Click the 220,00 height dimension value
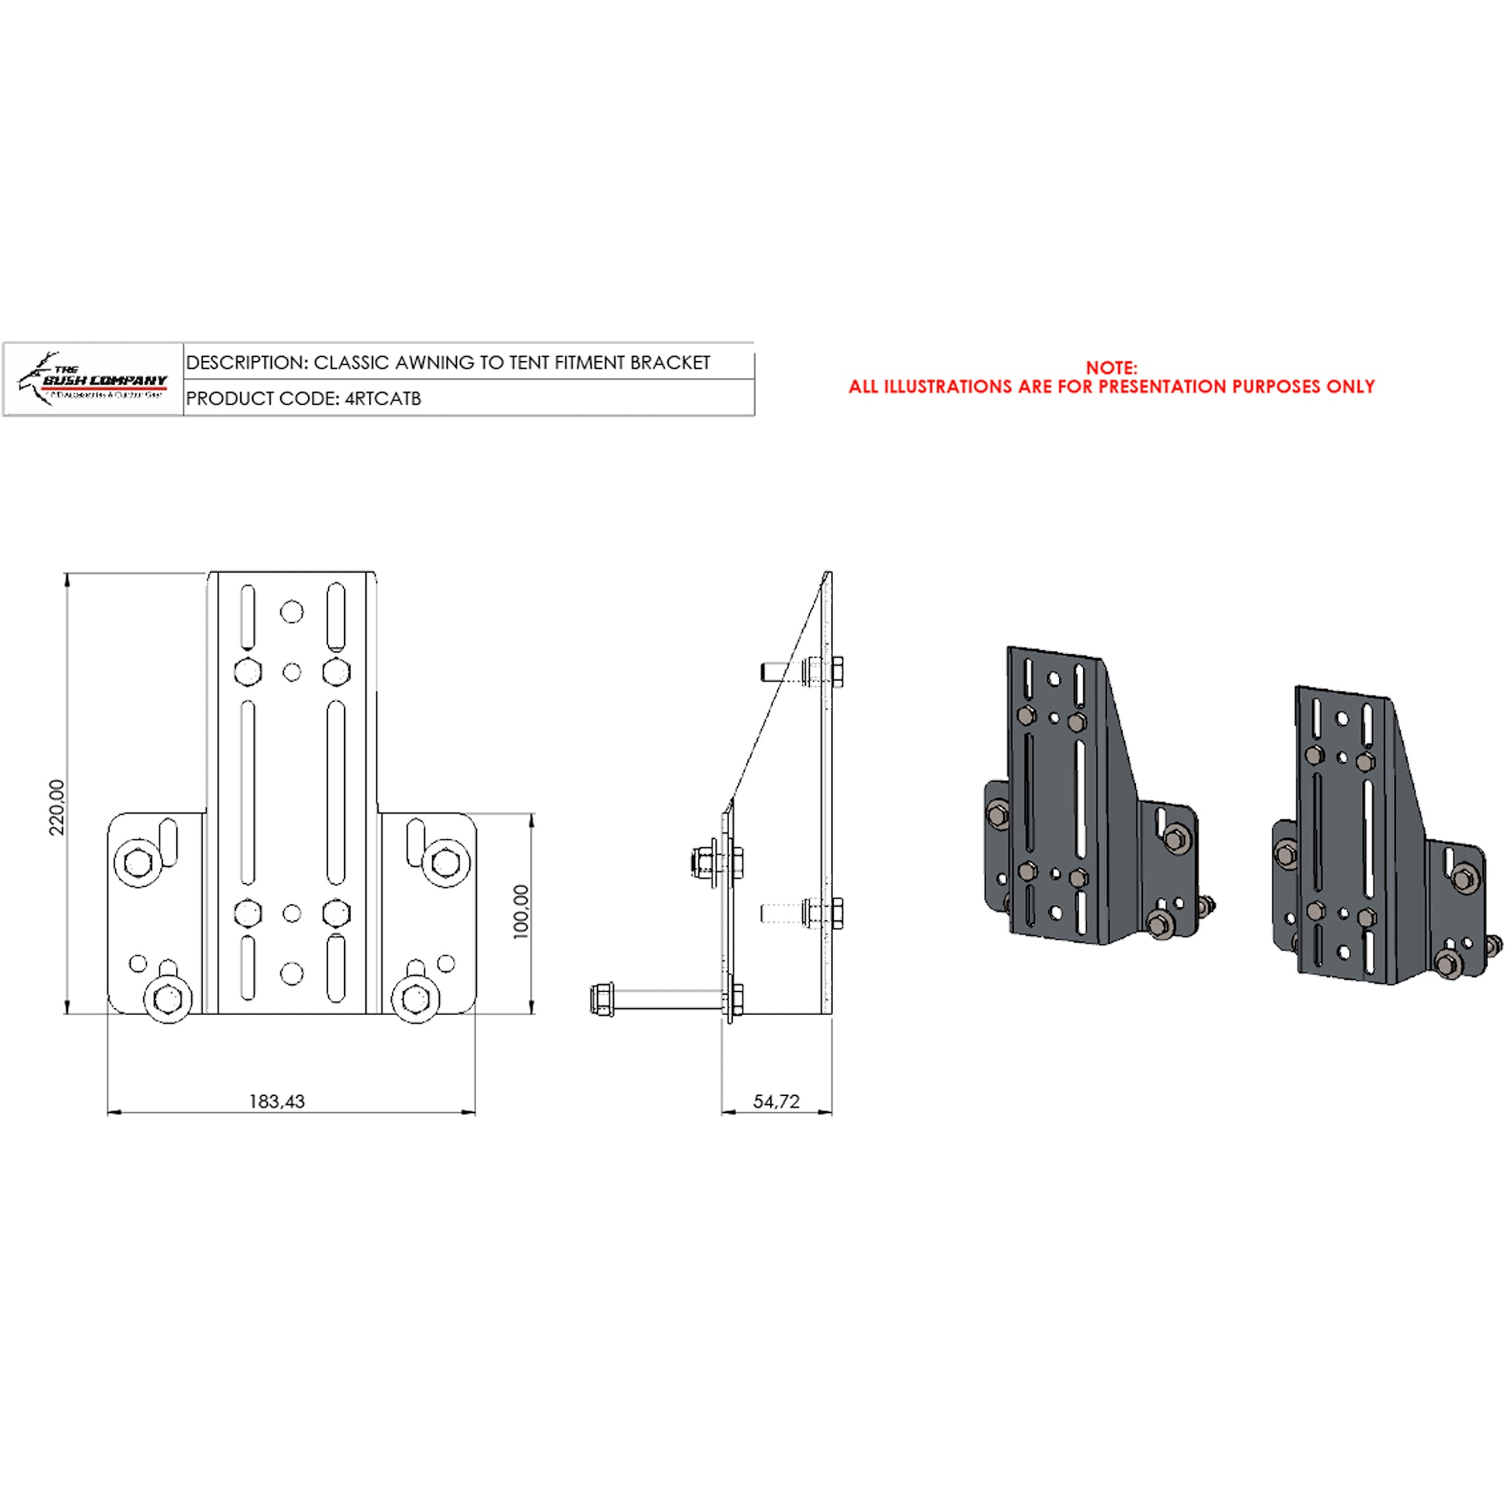click(57, 806)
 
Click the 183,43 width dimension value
click(277, 1102)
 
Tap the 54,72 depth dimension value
click(776, 1102)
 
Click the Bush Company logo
click(93, 379)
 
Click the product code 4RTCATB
click(383, 398)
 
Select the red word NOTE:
click(1111, 367)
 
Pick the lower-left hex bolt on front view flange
click(169, 998)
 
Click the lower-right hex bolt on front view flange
click(414, 998)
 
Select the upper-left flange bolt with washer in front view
click(139, 862)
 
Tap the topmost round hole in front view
click(292, 612)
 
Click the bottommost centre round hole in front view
click(292, 973)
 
